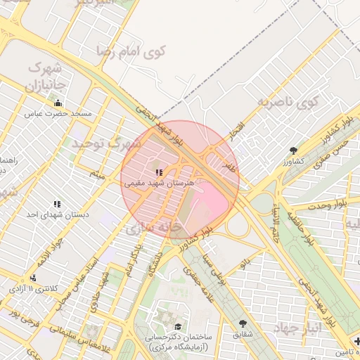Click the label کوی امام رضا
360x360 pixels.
click(x=132, y=52)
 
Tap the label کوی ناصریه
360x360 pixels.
click(x=287, y=103)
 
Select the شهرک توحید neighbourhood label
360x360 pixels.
click(x=106, y=143)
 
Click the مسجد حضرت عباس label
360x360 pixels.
click(x=56, y=113)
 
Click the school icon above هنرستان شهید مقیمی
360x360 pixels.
click(x=160, y=172)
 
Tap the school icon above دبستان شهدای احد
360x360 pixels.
click(x=57, y=204)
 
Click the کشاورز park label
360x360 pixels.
click(x=295, y=162)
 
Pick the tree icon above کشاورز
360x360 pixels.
click(x=293, y=150)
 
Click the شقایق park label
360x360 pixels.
click(x=245, y=335)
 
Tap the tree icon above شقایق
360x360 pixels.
click(x=243, y=323)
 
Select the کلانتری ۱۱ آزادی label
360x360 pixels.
click(x=35, y=288)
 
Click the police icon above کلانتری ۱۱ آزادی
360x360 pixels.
click(x=33, y=278)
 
